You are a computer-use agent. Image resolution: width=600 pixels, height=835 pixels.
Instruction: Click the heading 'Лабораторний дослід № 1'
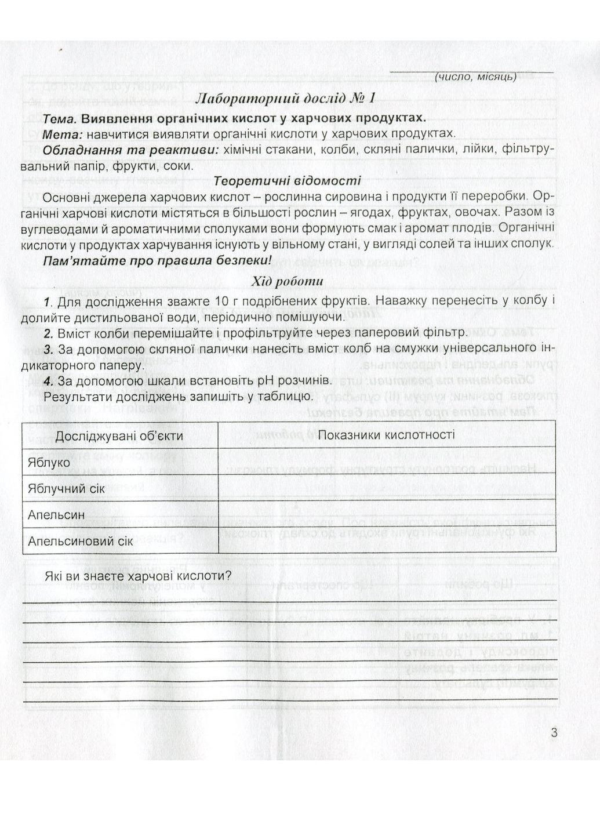(285, 97)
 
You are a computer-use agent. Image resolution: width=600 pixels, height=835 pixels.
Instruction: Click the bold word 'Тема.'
(60, 119)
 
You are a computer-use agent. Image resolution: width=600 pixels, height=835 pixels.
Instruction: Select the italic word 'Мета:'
(63, 134)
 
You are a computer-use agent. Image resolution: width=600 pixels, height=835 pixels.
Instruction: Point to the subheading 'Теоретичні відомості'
(288, 181)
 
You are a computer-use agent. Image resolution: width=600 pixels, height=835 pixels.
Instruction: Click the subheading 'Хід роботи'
(288, 282)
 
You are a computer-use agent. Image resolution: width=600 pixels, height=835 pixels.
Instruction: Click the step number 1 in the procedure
(48, 302)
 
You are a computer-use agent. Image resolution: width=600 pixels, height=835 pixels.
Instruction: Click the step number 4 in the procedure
(48, 381)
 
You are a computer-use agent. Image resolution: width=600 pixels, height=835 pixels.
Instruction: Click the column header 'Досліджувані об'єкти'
(119, 435)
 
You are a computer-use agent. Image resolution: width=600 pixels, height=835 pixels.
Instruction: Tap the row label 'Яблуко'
(49, 462)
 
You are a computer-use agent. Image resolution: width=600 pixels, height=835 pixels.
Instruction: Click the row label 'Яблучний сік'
(66, 488)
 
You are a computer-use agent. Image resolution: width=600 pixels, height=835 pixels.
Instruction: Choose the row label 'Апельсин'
(56, 515)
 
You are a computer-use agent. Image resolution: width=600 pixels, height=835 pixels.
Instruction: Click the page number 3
(554, 732)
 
